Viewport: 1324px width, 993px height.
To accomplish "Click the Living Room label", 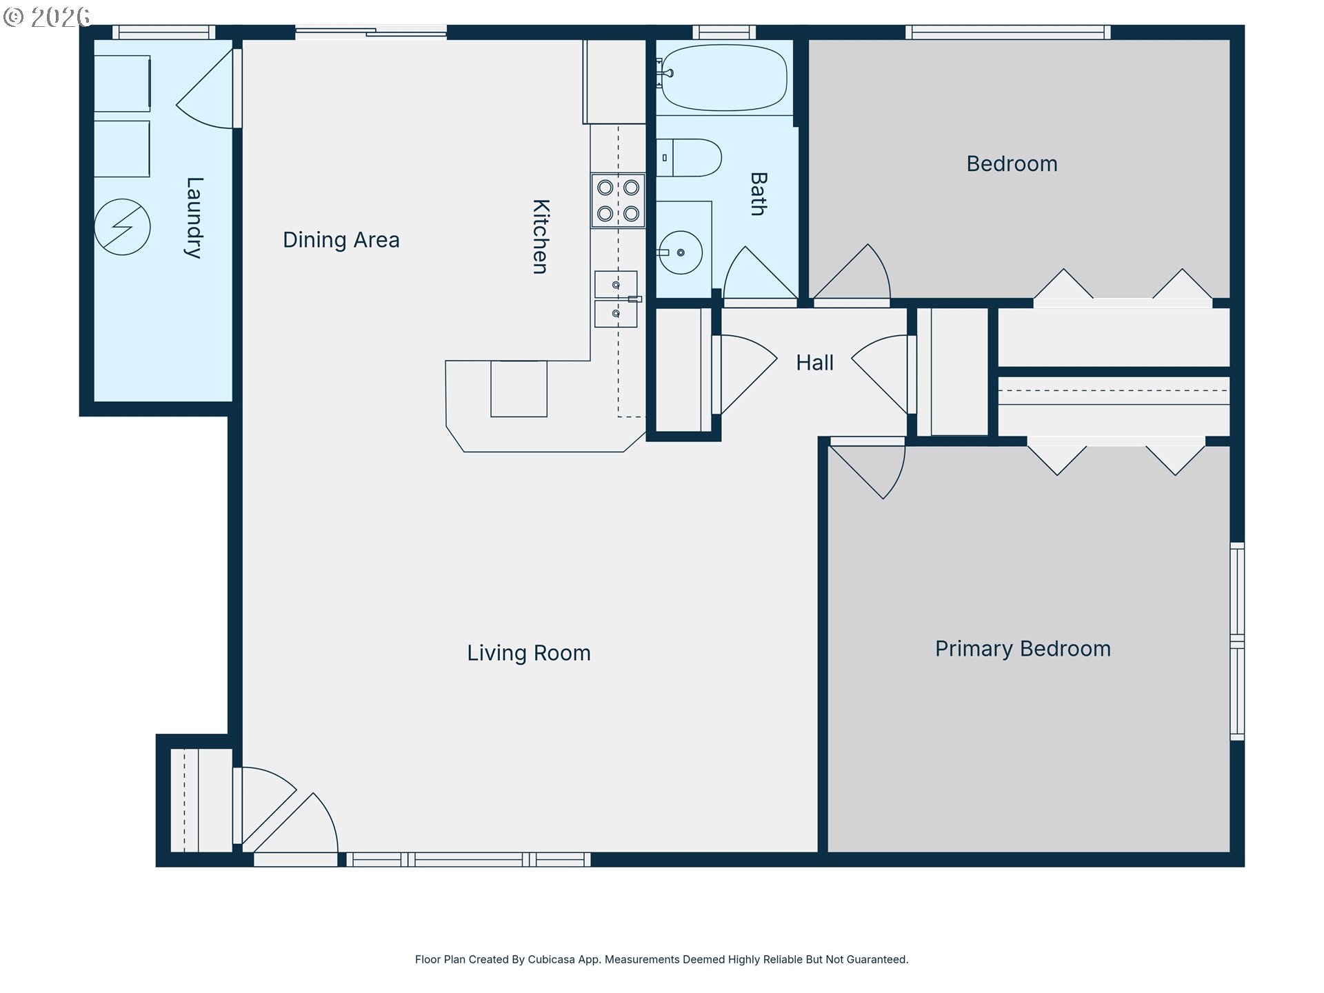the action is [529, 652].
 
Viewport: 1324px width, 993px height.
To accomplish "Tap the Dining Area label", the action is [341, 239].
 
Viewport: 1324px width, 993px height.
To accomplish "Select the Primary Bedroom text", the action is [1023, 649].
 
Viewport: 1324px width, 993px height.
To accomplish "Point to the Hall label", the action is [814, 363].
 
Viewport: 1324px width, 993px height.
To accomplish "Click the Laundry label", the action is [194, 218].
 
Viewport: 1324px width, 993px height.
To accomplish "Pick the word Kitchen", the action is [541, 237].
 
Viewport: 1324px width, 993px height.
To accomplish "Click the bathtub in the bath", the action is [724, 77].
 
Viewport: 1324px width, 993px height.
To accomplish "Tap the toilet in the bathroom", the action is [688, 158].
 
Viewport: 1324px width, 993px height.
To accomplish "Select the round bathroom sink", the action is [681, 252].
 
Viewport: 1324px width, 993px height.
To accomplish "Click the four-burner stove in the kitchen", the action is [618, 201].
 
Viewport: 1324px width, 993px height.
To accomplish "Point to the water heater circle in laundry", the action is [122, 227].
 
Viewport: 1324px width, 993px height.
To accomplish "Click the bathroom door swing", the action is [761, 276].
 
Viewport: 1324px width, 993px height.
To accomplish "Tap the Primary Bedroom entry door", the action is [867, 468].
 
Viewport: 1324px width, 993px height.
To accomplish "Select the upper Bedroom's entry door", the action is [852, 274].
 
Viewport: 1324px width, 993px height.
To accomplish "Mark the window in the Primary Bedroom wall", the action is [1237, 641].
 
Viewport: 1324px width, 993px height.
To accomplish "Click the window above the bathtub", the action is [724, 32].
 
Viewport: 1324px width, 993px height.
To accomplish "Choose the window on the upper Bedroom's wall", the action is [1008, 32].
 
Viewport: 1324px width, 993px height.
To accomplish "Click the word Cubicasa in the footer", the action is [551, 959].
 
